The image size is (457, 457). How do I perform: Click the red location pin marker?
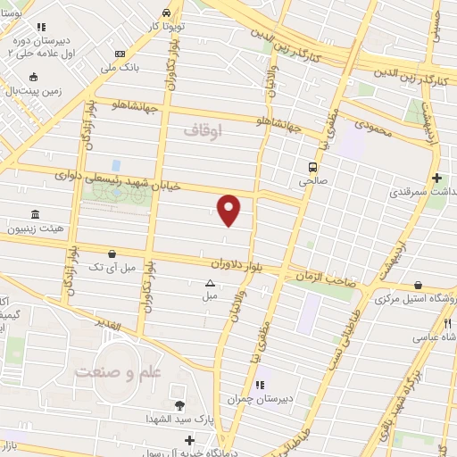tap(229, 209)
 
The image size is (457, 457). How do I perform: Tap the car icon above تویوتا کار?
tap(168, 12)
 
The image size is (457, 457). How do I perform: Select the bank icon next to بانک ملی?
tap(120, 54)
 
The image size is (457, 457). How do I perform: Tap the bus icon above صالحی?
tap(312, 166)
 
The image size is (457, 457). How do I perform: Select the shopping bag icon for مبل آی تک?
tap(110, 253)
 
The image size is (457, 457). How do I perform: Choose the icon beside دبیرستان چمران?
tap(259, 385)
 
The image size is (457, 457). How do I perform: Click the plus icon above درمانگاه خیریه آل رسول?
tap(189, 440)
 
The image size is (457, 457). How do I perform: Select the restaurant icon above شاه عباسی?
tap(448, 324)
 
